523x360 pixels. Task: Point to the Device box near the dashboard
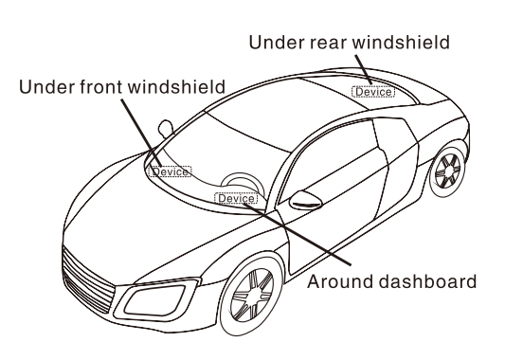click(236, 199)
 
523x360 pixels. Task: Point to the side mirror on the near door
click(305, 200)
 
